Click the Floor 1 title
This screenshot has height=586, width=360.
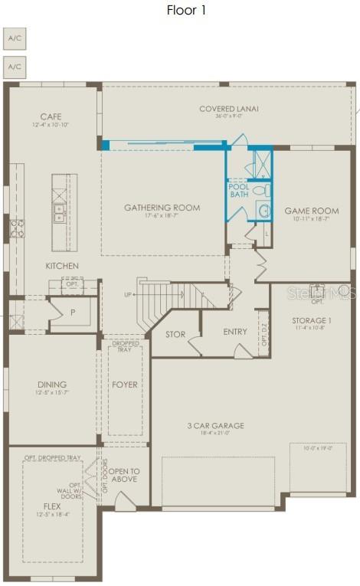point(186,10)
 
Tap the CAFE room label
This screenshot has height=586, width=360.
point(51,116)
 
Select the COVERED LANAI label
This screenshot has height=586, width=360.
point(228,109)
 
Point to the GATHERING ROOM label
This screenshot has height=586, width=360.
point(162,208)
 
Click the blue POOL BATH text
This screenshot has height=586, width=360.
point(239,190)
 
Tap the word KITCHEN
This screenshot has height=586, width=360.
point(62,266)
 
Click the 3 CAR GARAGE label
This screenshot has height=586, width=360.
point(215,425)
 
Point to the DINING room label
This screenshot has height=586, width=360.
point(52,385)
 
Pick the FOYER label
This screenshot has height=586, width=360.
point(124,385)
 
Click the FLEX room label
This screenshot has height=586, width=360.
point(52,506)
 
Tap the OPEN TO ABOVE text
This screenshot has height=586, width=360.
point(123,476)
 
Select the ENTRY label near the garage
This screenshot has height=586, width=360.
point(235,332)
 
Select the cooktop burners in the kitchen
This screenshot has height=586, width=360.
point(16,227)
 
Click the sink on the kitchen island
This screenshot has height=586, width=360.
point(58,212)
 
